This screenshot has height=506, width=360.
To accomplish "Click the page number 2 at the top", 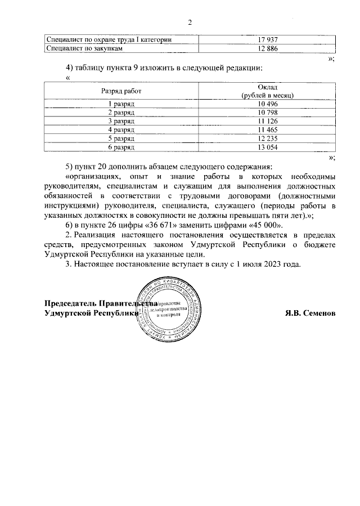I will [x=190, y=23].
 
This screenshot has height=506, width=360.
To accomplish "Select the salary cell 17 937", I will [x=268, y=41].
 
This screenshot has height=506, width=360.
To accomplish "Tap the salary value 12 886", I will [x=268, y=49].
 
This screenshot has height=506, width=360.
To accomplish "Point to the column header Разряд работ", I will [x=121, y=90].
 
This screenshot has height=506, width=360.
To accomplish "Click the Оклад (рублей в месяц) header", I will [x=268, y=90].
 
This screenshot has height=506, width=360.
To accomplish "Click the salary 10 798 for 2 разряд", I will [x=268, y=113].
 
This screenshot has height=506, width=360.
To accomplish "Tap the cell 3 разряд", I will [x=121, y=122].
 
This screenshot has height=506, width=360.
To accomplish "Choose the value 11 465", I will [x=268, y=130].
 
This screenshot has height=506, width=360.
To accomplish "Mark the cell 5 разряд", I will [x=121, y=138].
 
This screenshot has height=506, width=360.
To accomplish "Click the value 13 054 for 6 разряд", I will [x=268, y=147].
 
